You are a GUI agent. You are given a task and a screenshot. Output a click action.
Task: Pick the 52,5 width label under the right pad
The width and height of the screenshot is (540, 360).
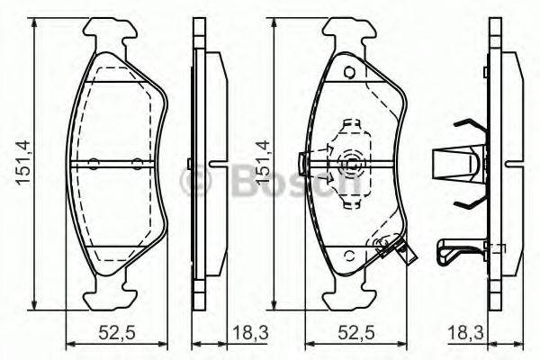(x=355, y=333)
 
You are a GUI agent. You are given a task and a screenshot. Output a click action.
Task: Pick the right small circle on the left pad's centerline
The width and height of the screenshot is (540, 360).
(x=137, y=163)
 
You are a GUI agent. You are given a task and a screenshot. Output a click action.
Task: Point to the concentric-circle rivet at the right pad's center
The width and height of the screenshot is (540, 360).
(x=351, y=164)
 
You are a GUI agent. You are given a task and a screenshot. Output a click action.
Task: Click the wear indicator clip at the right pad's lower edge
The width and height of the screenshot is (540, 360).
(x=396, y=250)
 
